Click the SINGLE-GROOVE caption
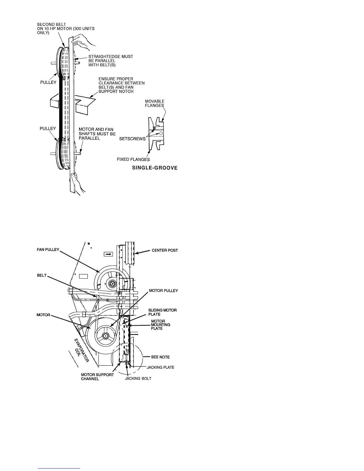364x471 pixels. pyautogui.click(x=155, y=168)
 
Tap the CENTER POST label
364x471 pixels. pyautogui.click(x=165, y=250)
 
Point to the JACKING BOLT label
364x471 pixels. pyautogui.click(x=138, y=379)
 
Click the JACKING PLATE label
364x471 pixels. pyautogui.click(x=160, y=367)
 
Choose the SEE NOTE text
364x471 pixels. pyautogui.click(x=160, y=357)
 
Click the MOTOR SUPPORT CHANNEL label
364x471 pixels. pyautogui.click(x=97, y=377)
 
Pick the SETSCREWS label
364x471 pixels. pyautogui.click(x=132, y=139)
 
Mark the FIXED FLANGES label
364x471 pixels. pyautogui.click(x=133, y=160)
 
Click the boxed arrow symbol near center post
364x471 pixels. pyautogui.click(x=108, y=254)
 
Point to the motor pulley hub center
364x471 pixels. pyautogui.click(x=106, y=336)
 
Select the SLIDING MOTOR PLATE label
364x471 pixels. pyautogui.click(x=162, y=312)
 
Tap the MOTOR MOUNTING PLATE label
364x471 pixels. pyautogui.click(x=161, y=325)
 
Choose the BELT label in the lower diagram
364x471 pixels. pyautogui.click(x=42, y=275)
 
